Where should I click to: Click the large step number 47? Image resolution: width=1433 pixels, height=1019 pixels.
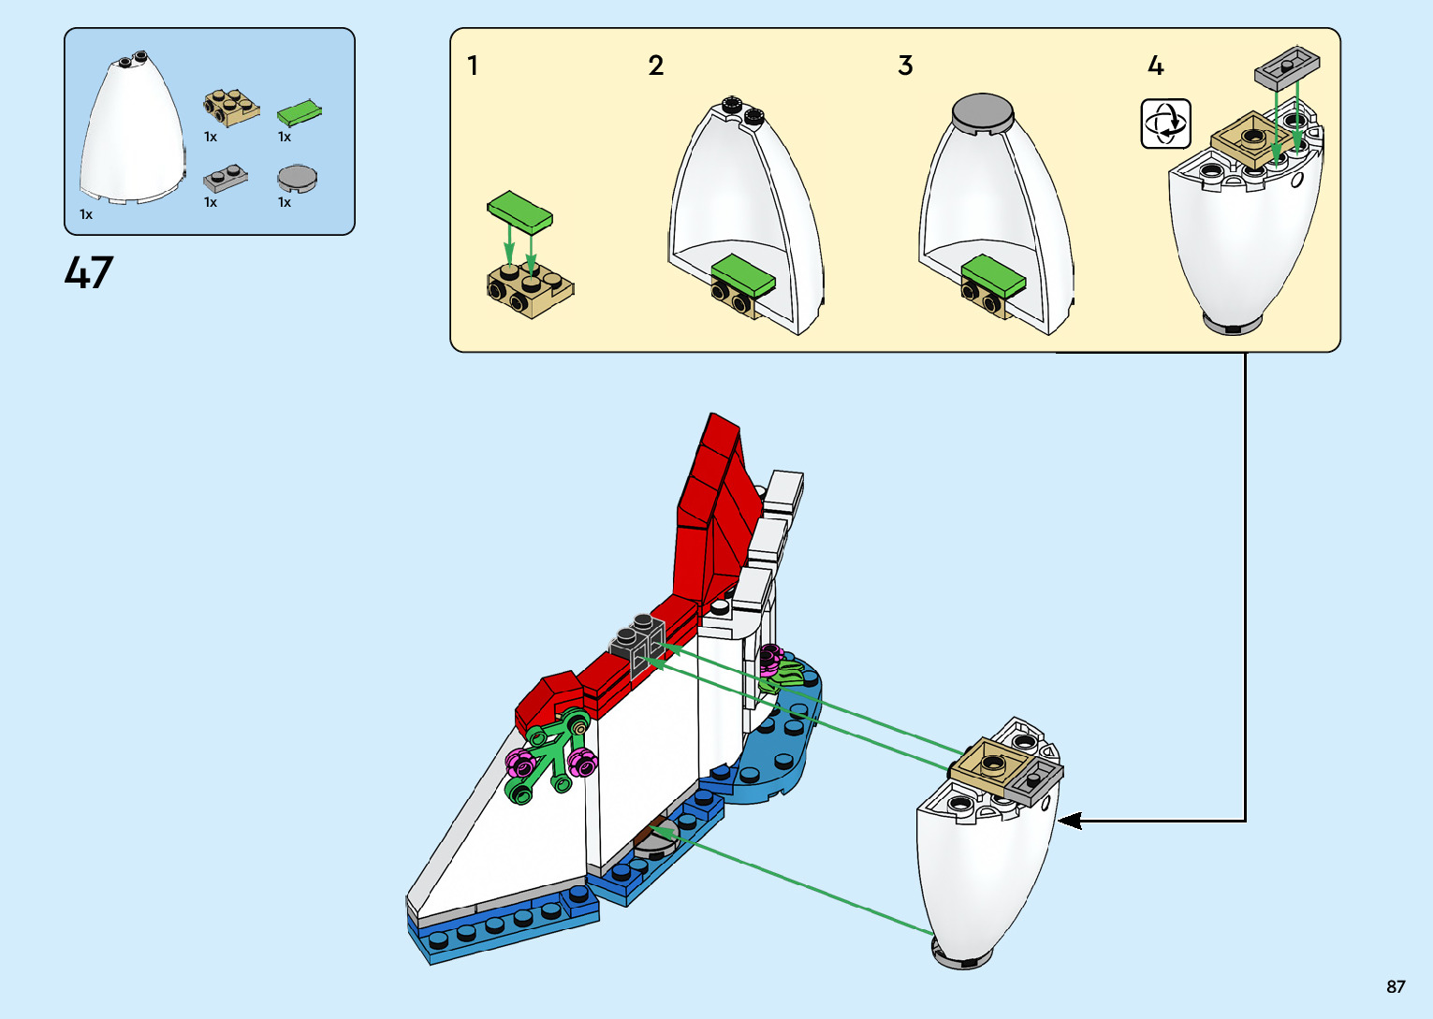pos(89,272)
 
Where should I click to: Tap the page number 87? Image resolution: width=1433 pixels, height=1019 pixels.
pos(1396,986)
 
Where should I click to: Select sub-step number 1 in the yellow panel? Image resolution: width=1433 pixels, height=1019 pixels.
pos(473,66)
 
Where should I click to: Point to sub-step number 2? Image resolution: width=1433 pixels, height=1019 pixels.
pos(655,66)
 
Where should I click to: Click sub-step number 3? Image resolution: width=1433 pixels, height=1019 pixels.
pos(905,66)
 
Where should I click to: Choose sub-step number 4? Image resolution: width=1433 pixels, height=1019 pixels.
pos(1156,66)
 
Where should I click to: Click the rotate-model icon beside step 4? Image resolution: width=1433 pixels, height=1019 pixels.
pos(1165,124)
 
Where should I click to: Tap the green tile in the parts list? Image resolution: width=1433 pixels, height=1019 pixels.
pos(299,112)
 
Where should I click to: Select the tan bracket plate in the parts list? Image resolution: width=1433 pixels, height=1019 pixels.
pos(231,107)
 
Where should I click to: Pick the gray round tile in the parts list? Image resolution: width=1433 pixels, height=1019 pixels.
pos(298,178)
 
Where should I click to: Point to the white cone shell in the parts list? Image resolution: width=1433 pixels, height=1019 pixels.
pos(131,131)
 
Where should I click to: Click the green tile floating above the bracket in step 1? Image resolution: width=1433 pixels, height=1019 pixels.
pos(519,211)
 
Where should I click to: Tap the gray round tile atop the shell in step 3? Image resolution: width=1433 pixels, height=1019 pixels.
pos(982,112)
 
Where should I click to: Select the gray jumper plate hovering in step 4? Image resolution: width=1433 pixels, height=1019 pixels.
pos(1287,67)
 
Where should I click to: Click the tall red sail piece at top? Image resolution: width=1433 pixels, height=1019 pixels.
pos(716,505)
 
